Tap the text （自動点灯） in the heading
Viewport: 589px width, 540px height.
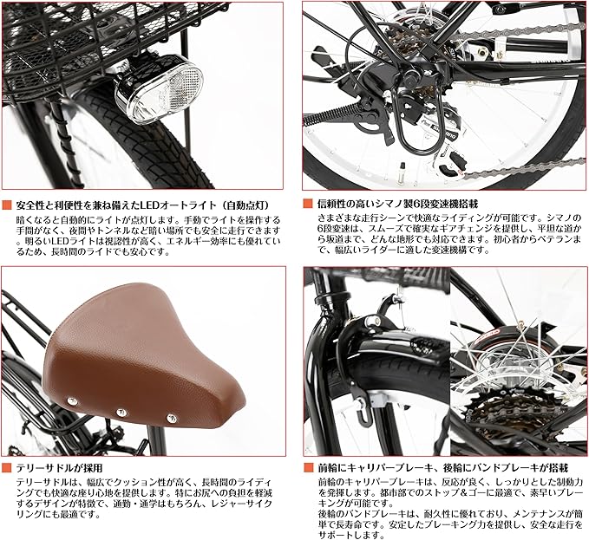(252, 205)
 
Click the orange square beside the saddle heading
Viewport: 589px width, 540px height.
(6, 466)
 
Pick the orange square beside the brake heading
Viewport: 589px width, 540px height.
(309, 466)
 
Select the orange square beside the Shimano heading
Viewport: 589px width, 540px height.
(309, 204)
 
